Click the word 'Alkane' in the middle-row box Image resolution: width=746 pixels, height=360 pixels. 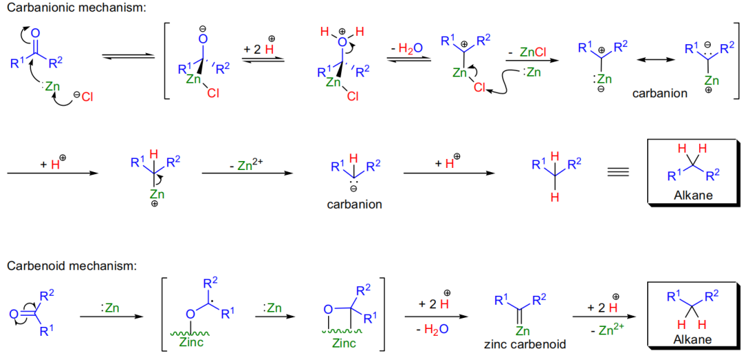click(x=693, y=196)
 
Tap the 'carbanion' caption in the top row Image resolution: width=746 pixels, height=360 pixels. click(x=660, y=93)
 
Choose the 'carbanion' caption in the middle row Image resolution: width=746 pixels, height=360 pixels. click(x=354, y=205)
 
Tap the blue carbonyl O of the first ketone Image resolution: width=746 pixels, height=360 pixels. click(x=36, y=32)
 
